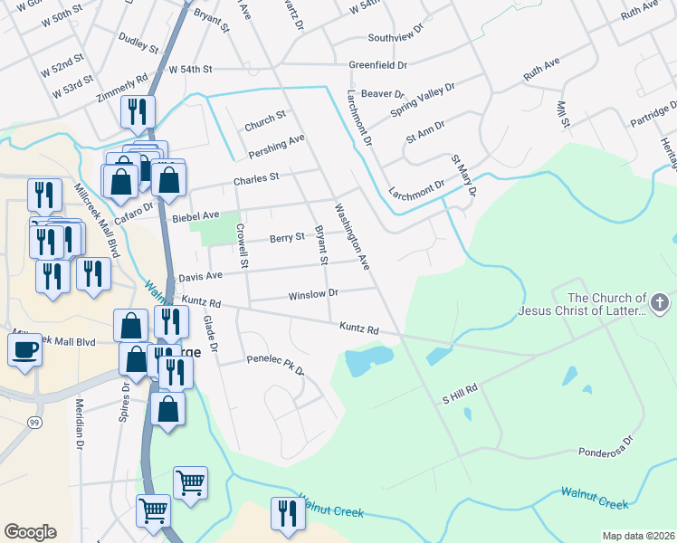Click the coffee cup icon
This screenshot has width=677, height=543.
point(24,349)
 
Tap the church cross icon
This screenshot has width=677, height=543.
point(660,304)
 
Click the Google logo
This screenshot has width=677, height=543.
point(30,532)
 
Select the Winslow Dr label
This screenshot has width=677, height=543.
point(312,294)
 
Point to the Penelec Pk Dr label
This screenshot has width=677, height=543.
point(275,364)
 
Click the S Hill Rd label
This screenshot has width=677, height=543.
point(459,398)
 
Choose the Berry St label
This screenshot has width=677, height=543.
point(285,239)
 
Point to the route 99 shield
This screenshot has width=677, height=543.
point(33,423)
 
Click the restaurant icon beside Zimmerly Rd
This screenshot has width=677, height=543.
point(137,111)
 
